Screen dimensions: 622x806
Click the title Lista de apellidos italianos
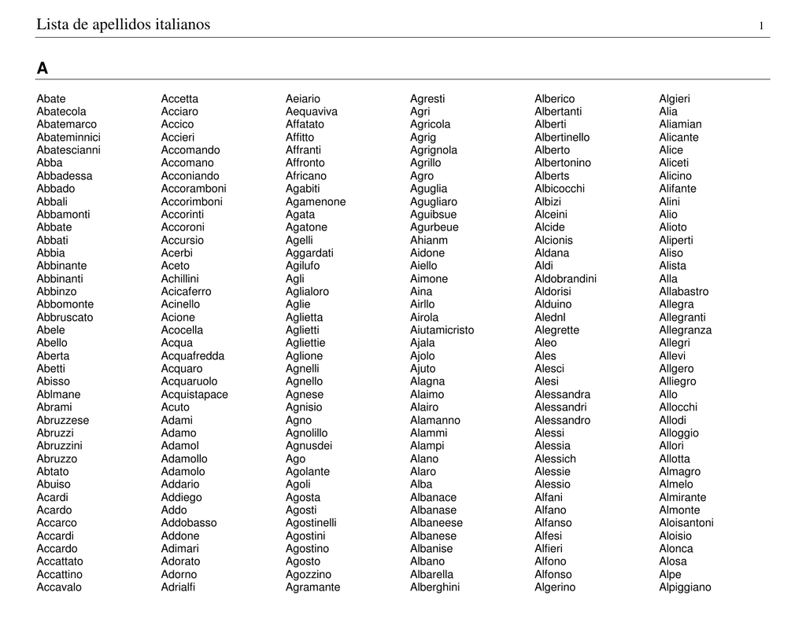coord(124,25)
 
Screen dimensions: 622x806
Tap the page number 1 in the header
coord(761,27)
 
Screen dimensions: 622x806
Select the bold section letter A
coord(42,69)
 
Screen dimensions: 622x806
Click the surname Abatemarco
coord(67,124)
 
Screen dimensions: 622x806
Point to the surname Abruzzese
coord(63,420)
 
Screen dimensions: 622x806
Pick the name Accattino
coord(59,574)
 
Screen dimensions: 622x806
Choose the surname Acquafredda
coord(193,355)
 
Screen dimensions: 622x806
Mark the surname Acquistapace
coord(194,394)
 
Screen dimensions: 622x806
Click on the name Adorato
coord(180,561)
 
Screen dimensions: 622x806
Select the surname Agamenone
coord(316,201)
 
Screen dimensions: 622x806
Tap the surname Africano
coord(305,175)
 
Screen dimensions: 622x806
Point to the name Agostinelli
coord(311,523)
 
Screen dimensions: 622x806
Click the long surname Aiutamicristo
coord(442,330)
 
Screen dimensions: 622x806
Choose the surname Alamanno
coord(435,420)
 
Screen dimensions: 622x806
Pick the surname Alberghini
coord(434,587)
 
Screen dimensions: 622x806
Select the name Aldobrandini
coord(565,278)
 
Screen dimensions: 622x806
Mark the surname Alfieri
coord(549,548)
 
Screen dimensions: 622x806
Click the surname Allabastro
coord(683,292)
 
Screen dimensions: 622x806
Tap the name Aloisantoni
coord(686,523)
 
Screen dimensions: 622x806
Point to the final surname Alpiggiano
coord(685,587)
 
